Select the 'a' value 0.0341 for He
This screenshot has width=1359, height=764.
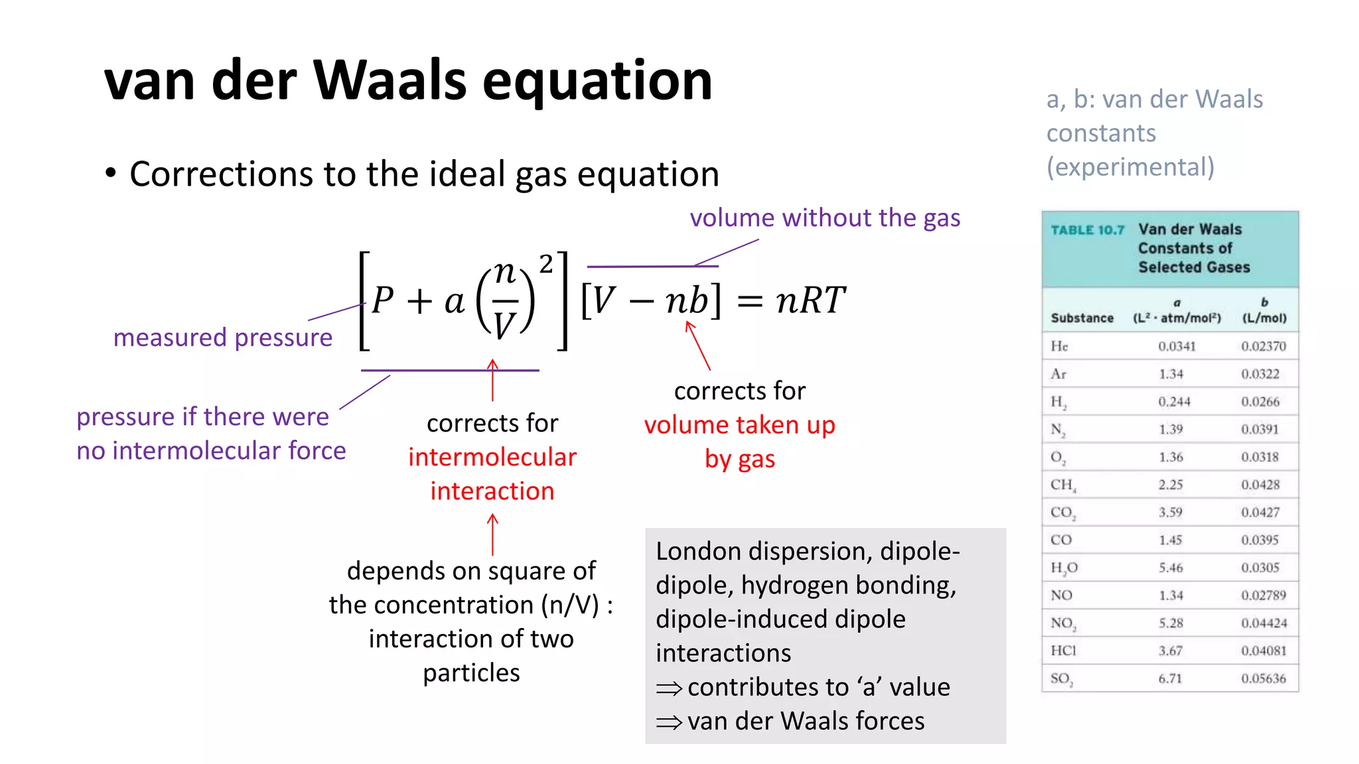point(1177,346)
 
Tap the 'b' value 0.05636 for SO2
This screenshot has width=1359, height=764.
point(1263,678)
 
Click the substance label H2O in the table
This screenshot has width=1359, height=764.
point(1064,568)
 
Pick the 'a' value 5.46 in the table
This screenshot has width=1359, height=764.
point(1171,568)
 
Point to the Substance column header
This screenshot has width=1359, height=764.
point(1082,318)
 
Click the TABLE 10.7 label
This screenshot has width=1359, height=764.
point(1087,230)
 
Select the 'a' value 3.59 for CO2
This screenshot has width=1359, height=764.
point(1171,513)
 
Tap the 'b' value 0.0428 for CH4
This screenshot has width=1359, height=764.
point(1260,485)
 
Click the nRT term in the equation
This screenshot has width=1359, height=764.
point(810,300)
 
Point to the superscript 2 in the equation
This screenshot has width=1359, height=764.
point(545,264)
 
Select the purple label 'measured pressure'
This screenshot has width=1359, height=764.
point(223,338)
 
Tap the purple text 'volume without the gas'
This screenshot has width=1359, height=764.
point(825,218)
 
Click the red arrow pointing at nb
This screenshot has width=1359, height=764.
point(698,345)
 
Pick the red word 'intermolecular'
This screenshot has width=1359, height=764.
point(492,457)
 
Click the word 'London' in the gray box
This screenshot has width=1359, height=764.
point(698,552)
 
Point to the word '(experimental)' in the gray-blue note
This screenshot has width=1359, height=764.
point(1130,167)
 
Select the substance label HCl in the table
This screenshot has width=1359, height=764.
point(1063,651)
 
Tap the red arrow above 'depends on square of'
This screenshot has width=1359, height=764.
point(492,535)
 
